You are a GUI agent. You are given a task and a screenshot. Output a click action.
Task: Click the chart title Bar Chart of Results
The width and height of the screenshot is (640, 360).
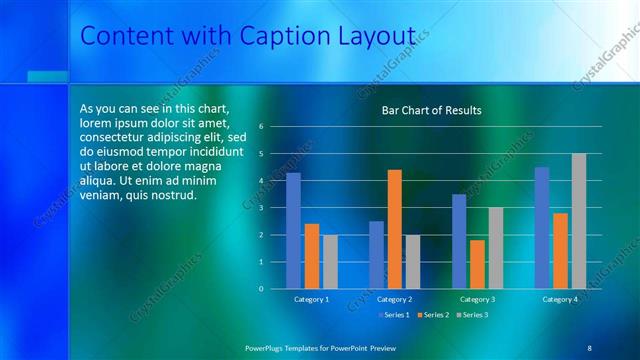431,110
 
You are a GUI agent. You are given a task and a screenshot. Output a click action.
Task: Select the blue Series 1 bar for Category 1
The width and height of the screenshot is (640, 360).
293,230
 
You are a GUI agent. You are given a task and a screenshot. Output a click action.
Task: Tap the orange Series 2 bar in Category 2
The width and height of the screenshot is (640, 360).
394,229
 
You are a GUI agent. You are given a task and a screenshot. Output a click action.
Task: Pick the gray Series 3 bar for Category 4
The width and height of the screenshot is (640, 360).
578,221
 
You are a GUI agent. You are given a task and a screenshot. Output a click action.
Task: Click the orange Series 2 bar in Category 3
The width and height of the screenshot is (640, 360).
477,264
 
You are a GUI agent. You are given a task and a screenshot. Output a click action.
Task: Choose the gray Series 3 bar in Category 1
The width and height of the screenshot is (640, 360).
330,261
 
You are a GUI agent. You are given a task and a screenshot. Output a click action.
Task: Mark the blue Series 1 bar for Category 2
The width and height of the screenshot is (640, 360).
376,254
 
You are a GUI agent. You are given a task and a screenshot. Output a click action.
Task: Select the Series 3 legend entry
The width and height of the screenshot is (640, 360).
472,316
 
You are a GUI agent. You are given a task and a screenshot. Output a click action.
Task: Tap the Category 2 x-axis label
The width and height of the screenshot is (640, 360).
394,299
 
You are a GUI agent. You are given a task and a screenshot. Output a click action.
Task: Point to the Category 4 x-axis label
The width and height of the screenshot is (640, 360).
560,299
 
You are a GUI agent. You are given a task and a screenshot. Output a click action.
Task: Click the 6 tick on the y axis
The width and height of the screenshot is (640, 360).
260,127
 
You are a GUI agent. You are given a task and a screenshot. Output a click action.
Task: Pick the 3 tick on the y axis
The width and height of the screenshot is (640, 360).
260,208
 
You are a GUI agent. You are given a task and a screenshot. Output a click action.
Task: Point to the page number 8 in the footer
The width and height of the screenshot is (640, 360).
589,347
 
